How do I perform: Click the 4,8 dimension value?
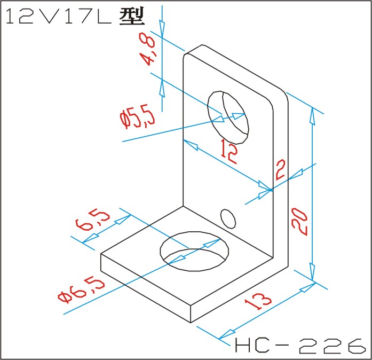point(147,49)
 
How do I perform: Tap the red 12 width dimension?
point(229,151)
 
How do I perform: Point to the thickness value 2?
point(280,170)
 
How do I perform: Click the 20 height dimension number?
point(299,222)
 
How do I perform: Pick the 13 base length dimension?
point(258,301)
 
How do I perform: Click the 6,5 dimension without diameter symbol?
point(92,220)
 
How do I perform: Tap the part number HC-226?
point(300,346)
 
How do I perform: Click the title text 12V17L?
point(59,17)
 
